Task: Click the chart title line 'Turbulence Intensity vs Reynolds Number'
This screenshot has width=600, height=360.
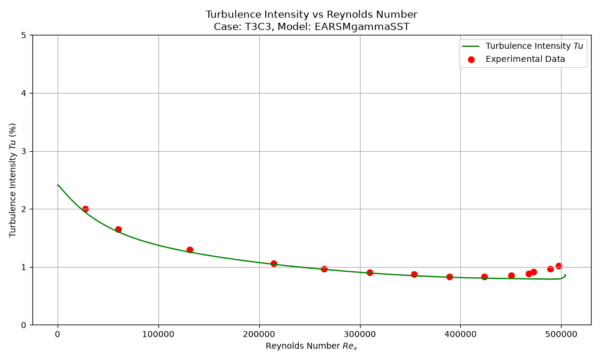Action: tap(311, 14)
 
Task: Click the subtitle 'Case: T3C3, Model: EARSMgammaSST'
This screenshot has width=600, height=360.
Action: tap(311, 27)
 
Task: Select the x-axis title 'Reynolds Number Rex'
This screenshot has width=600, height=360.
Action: tap(311, 346)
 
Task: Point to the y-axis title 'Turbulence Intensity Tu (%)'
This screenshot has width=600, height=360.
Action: tap(13, 180)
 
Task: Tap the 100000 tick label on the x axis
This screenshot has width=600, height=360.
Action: tap(158, 334)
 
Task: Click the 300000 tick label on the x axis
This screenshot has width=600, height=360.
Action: tap(359, 334)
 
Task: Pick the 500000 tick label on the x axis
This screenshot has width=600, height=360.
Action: tap(561, 334)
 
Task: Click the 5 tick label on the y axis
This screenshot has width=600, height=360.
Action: tap(24, 35)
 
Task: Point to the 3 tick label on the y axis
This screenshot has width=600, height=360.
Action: tap(24, 151)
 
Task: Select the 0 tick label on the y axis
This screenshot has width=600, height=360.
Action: tap(24, 325)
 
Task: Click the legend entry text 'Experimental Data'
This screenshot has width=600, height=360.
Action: tap(526, 59)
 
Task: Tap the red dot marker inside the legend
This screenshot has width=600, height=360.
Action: tap(471, 59)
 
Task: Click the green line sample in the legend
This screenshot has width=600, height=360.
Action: tap(471, 46)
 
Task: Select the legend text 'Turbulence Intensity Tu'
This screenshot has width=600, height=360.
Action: tap(534, 46)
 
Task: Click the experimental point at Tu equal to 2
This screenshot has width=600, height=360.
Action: tap(85, 209)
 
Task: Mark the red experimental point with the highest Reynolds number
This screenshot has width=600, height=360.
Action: tap(559, 266)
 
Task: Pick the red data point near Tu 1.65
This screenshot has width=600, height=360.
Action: tap(118, 229)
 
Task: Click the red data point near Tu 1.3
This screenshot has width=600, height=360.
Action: tap(190, 250)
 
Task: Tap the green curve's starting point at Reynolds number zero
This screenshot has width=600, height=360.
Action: tap(58, 185)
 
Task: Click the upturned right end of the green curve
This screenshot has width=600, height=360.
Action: tap(565, 275)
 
